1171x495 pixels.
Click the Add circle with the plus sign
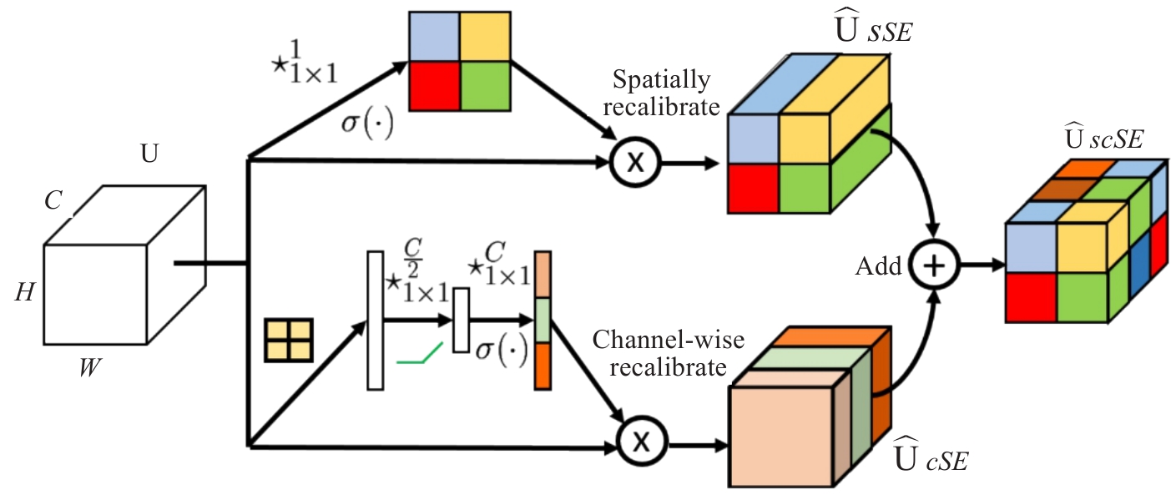coord(934,265)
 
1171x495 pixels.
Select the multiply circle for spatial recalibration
coord(635,162)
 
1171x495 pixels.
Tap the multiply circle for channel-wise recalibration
coord(642,441)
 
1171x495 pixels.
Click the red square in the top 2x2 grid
coord(434,86)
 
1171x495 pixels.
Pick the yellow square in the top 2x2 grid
coord(485,37)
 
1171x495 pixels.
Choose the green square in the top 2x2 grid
coord(485,86)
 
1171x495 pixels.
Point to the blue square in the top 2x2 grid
coord(434,37)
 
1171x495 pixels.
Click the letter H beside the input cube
coord(24,292)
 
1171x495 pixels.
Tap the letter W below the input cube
coord(90,367)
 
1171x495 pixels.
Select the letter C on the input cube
coord(53,200)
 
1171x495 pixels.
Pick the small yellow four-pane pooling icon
coord(289,341)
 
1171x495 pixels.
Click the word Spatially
coord(661,80)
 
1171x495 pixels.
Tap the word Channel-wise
coord(668,340)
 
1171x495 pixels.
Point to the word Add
coord(878,266)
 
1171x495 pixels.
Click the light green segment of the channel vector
coord(543,321)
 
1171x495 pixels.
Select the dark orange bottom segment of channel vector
coord(543,366)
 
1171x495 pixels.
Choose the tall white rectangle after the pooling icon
coord(376,321)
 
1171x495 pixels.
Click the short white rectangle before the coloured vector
coord(461,320)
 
